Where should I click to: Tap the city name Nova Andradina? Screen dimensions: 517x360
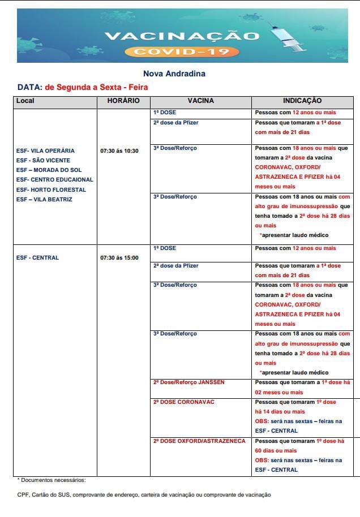coord(174,74)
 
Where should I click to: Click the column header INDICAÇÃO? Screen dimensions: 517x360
coord(302,101)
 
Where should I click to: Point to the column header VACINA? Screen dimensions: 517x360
coord(200,101)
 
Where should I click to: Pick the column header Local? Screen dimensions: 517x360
coord(25,101)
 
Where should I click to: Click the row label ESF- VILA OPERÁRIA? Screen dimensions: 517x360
coord(45,151)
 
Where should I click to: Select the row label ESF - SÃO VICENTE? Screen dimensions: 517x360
coord(43,161)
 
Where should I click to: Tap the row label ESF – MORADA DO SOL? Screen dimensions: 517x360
coord(49,170)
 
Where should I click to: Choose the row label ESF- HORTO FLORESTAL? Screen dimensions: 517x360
coord(51,189)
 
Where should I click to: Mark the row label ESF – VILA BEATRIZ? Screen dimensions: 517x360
coord(44,199)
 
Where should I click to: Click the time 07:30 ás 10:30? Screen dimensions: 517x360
coord(119,151)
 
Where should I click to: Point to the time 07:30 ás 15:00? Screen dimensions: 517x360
coord(119,258)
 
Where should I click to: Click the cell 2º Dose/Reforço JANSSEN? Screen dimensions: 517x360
coord(188,382)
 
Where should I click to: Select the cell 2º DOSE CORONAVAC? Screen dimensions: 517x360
coord(183,402)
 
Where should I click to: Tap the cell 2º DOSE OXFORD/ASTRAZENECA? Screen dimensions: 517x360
coord(199,441)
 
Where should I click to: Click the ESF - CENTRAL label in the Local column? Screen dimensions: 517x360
coord(37,258)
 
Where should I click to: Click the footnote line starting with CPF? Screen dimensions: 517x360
coord(144,494)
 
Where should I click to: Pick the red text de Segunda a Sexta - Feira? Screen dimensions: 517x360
coord(96,88)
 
